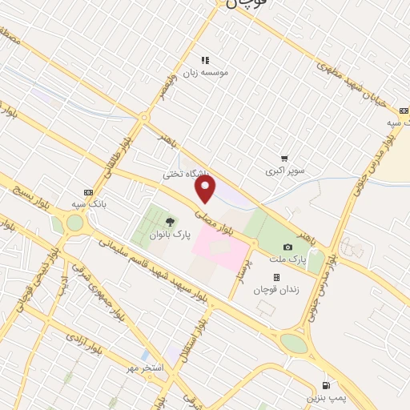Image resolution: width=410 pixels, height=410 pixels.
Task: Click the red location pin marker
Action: point(206,190)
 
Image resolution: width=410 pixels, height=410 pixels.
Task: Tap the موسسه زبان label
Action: point(206,72)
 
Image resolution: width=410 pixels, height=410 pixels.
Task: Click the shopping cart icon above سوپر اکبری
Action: point(284,159)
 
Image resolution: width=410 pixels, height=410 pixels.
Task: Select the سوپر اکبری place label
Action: point(286,172)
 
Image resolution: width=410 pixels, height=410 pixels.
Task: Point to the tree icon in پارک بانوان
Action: point(169,222)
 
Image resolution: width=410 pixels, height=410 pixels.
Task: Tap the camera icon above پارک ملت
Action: point(287,247)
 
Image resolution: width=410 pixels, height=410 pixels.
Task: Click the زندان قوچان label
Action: point(276,290)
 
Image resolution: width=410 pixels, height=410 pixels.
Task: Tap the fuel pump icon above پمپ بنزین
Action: point(326,384)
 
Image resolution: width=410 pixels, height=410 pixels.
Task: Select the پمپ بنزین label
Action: point(326,397)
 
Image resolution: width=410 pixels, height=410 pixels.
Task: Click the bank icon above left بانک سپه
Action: point(88,192)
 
